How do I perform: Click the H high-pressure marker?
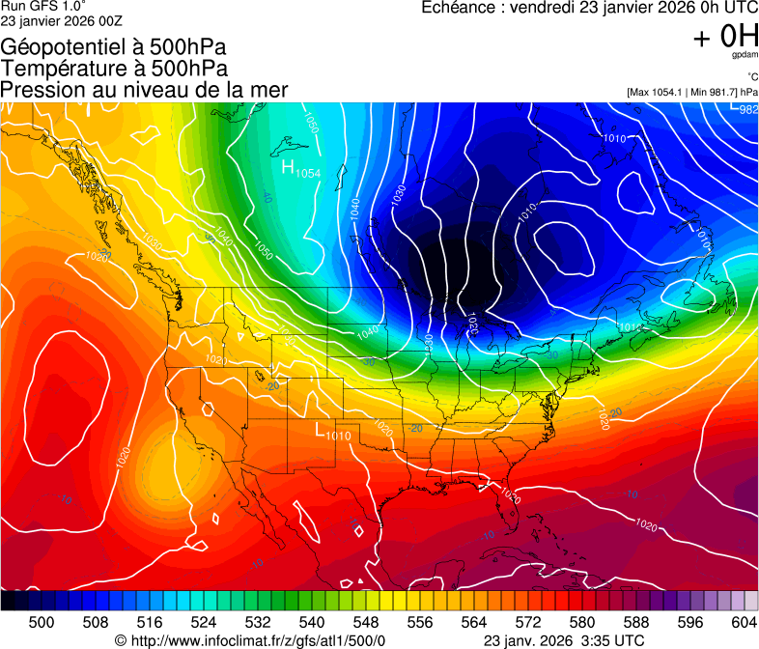(x=288, y=167)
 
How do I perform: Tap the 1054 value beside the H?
(x=308, y=173)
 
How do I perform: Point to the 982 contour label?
(x=748, y=110)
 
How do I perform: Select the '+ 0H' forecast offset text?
(x=725, y=37)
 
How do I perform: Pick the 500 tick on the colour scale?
(x=42, y=622)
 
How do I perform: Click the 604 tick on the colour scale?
(x=745, y=622)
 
